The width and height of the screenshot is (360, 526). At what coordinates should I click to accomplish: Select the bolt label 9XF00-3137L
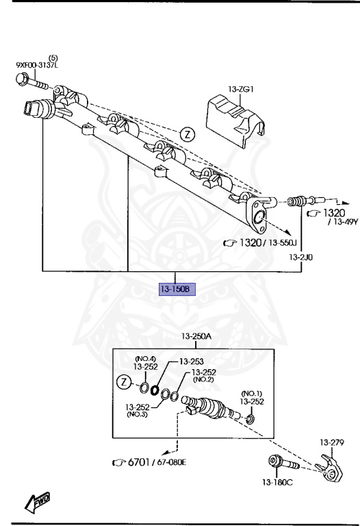[38, 65]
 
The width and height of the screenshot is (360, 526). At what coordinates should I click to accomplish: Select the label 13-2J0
[302, 257]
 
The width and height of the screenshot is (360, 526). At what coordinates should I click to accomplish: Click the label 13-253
[192, 361]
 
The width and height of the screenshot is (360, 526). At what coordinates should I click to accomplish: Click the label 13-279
[331, 443]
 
